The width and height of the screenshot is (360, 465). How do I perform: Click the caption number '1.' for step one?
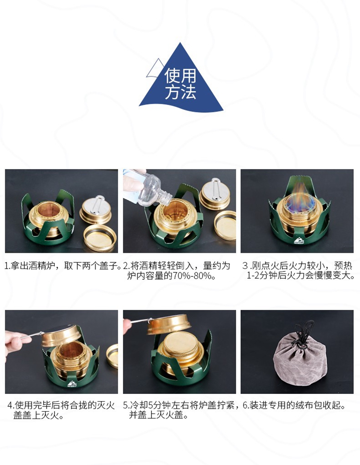click(7, 266)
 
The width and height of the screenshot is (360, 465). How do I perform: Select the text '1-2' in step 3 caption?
click(253, 276)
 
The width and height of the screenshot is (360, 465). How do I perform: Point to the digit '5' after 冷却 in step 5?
click(150, 405)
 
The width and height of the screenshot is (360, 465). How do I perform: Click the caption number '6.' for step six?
click(246, 405)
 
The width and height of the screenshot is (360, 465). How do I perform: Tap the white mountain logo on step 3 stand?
click(299, 241)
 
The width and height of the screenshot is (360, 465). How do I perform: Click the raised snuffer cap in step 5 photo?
click(169, 324)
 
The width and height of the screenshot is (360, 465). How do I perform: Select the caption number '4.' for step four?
click(11, 405)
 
